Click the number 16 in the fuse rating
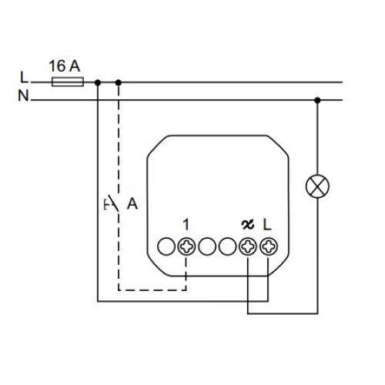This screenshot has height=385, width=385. point(57,66)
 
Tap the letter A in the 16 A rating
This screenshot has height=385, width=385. point(75,66)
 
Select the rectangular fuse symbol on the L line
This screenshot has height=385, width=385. point(68,82)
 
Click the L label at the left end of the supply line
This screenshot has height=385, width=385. point(24,77)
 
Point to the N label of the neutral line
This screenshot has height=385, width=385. point(23,95)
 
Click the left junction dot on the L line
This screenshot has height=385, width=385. point(98,82)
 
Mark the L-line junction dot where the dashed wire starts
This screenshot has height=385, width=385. point(119,82)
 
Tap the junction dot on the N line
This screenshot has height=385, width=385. point(317,100)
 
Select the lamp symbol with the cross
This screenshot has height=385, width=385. point(317,186)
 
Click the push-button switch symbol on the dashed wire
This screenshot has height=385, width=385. point(112,203)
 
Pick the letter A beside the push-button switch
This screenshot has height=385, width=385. point(132,204)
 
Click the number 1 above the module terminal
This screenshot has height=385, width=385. point(186,225)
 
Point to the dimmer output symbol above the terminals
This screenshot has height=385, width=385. point(248,225)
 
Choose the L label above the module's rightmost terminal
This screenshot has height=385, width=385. point(267,225)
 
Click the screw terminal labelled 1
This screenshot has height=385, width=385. point(186,246)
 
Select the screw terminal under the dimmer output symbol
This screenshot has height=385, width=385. point(248,246)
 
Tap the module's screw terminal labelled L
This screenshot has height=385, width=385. point(269,246)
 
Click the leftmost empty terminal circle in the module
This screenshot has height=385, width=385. point(166,246)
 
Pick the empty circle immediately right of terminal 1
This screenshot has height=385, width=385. point(207,246)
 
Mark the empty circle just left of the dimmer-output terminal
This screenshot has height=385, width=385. point(227,246)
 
